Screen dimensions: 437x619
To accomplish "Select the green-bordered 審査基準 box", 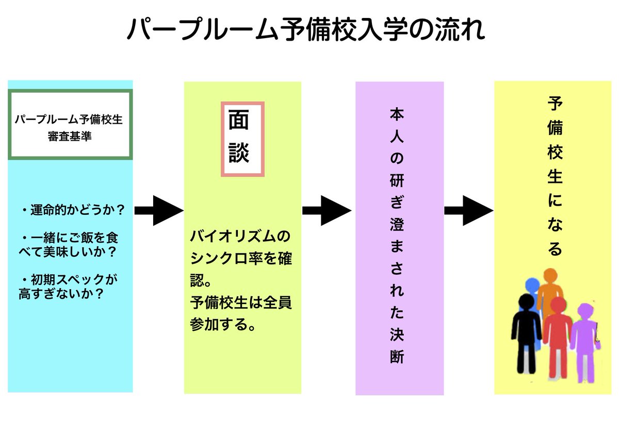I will point(71,124).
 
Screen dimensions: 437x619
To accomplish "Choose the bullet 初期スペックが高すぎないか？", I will point(67,287).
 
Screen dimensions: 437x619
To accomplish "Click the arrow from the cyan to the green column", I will point(159,210).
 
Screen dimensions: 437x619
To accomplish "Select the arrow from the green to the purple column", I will point(327,210).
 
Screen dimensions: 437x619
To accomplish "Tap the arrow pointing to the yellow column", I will point(468,210).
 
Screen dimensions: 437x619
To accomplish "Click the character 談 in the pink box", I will point(239,153).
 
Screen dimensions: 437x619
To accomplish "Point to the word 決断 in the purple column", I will point(398,346).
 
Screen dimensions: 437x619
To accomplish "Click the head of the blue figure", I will point(532,284).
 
